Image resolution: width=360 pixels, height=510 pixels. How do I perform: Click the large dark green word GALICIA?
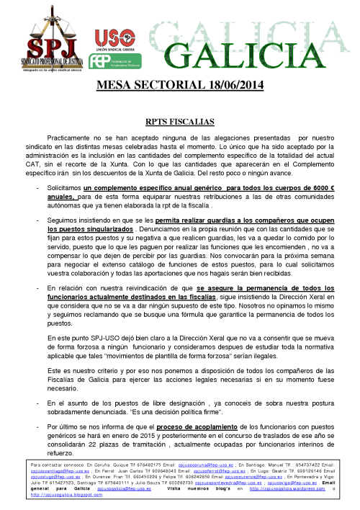click(x=237, y=53)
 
